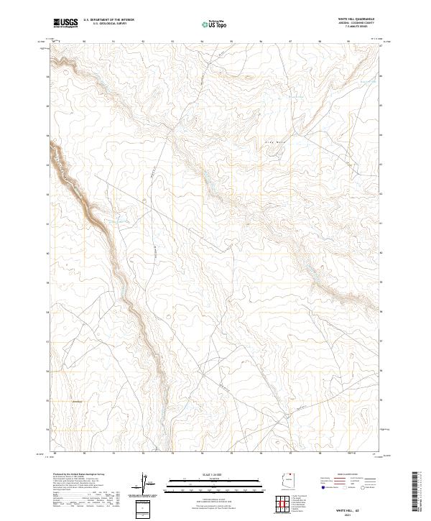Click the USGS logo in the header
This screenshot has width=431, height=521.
pos(65,23)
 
